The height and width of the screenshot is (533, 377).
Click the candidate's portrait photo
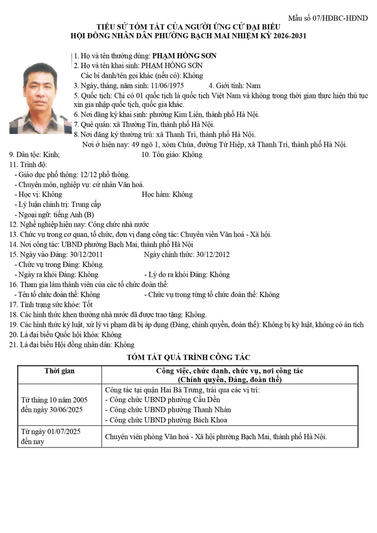click(40, 98)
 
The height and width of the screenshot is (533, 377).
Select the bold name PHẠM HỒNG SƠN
click(184, 56)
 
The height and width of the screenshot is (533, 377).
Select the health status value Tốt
click(87, 304)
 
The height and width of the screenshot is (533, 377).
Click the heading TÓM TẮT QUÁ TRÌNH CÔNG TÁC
click(188, 358)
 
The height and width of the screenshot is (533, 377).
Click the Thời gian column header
click(59, 371)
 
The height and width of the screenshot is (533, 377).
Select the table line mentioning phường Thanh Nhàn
click(168, 410)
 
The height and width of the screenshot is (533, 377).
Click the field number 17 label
click(14, 304)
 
